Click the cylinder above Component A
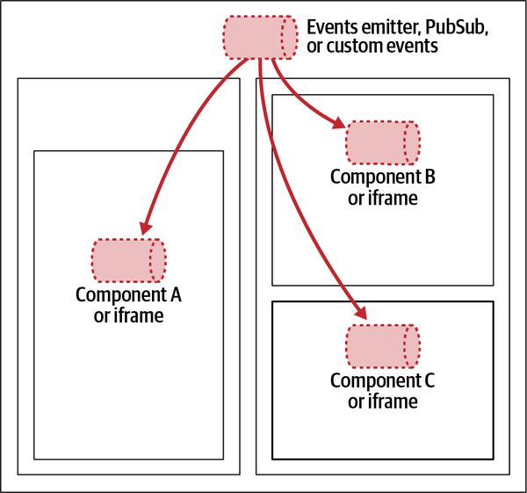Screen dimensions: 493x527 coord(128,260)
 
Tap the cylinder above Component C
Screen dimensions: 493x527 coord(383,345)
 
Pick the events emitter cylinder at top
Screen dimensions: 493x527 coord(260,36)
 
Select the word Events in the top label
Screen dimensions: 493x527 coord(330,27)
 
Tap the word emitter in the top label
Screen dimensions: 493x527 coord(390,27)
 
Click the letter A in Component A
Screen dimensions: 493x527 coord(175,295)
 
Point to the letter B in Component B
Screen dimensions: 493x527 coord(430,176)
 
